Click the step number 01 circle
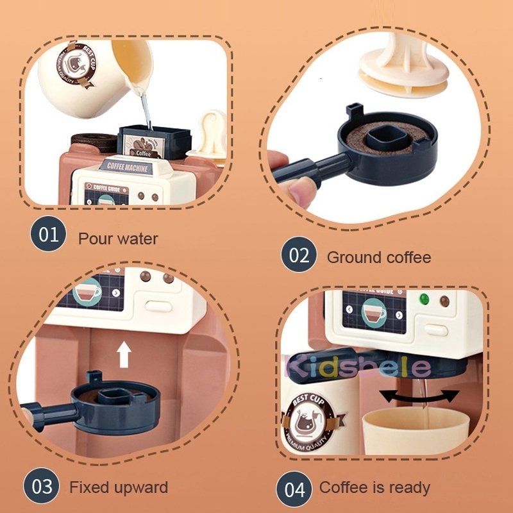48,235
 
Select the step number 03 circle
42,487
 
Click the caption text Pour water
118,239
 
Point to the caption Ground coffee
378,258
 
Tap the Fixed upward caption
119,487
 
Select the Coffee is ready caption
374,489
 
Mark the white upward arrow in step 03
124,355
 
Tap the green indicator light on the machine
423,299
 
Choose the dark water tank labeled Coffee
154,141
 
